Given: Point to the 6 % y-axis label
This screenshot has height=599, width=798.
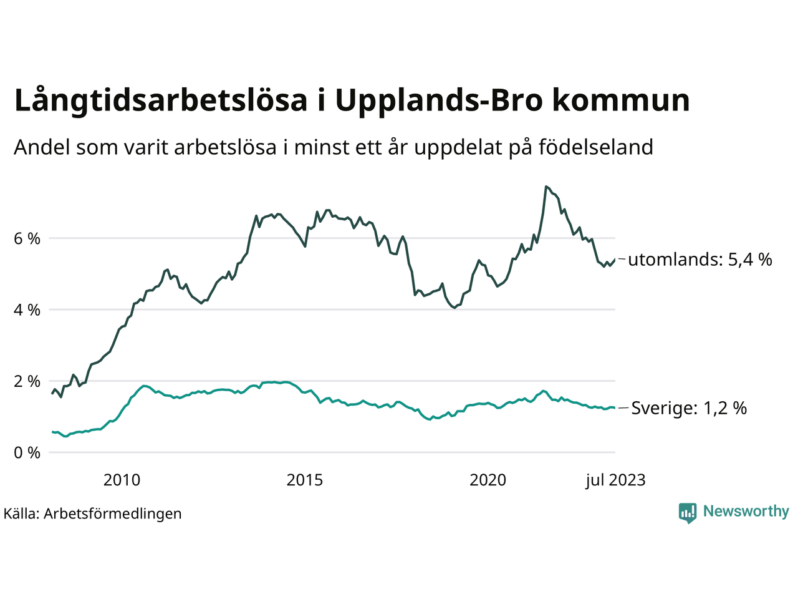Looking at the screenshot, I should [x=27, y=238].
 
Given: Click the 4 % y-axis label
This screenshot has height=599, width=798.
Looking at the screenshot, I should [x=27, y=309].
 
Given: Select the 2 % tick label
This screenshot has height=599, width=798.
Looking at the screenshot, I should [x=27, y=381].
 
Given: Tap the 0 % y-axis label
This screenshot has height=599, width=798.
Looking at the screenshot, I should [x=27, y=452].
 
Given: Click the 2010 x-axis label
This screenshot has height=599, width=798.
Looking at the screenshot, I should [x=122, y=480].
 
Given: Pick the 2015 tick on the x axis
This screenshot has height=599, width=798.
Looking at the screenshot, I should [x=305, y=480].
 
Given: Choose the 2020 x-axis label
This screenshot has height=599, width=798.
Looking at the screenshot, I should [x=488, y=480].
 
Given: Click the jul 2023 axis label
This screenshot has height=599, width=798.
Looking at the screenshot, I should [x=615, y=480].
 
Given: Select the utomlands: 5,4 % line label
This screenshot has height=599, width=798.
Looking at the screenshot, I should [x=700, y=260].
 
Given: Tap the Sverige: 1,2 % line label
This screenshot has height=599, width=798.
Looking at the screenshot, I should [x=689, y=408].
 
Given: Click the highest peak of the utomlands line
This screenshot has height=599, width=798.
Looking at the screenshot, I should [x=546, y=187].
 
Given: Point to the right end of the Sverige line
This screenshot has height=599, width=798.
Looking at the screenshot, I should [x=615, y=407].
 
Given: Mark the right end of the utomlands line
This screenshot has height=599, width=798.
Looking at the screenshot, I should [x=615, y=260].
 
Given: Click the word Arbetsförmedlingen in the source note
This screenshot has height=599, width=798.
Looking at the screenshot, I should [x=113, y=514].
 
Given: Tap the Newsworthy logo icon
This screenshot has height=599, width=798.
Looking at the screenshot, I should [x=688, y=512].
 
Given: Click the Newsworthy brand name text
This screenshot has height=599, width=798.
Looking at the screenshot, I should [x=746, y=512].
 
